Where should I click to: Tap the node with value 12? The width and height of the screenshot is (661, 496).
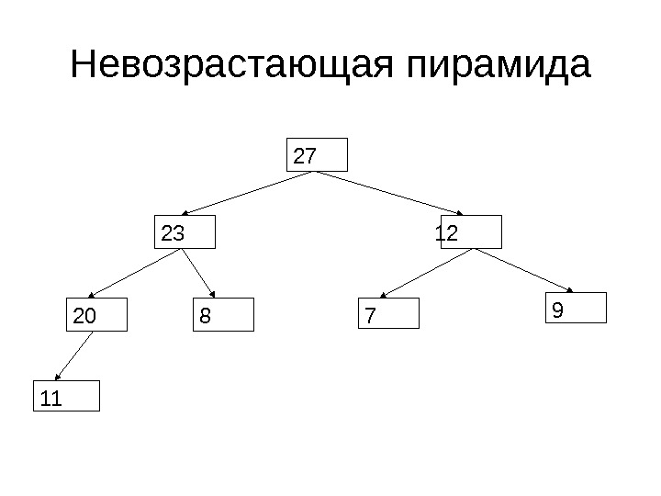(x=471, y=232)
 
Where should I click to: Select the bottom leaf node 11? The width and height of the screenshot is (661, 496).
(x=67, y=396)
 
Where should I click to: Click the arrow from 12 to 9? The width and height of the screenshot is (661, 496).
(x=527, y=270)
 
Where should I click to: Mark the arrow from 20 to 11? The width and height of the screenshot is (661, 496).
(x=76, y=355)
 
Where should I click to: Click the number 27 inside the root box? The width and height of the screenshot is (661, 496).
(x=305, y=156)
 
